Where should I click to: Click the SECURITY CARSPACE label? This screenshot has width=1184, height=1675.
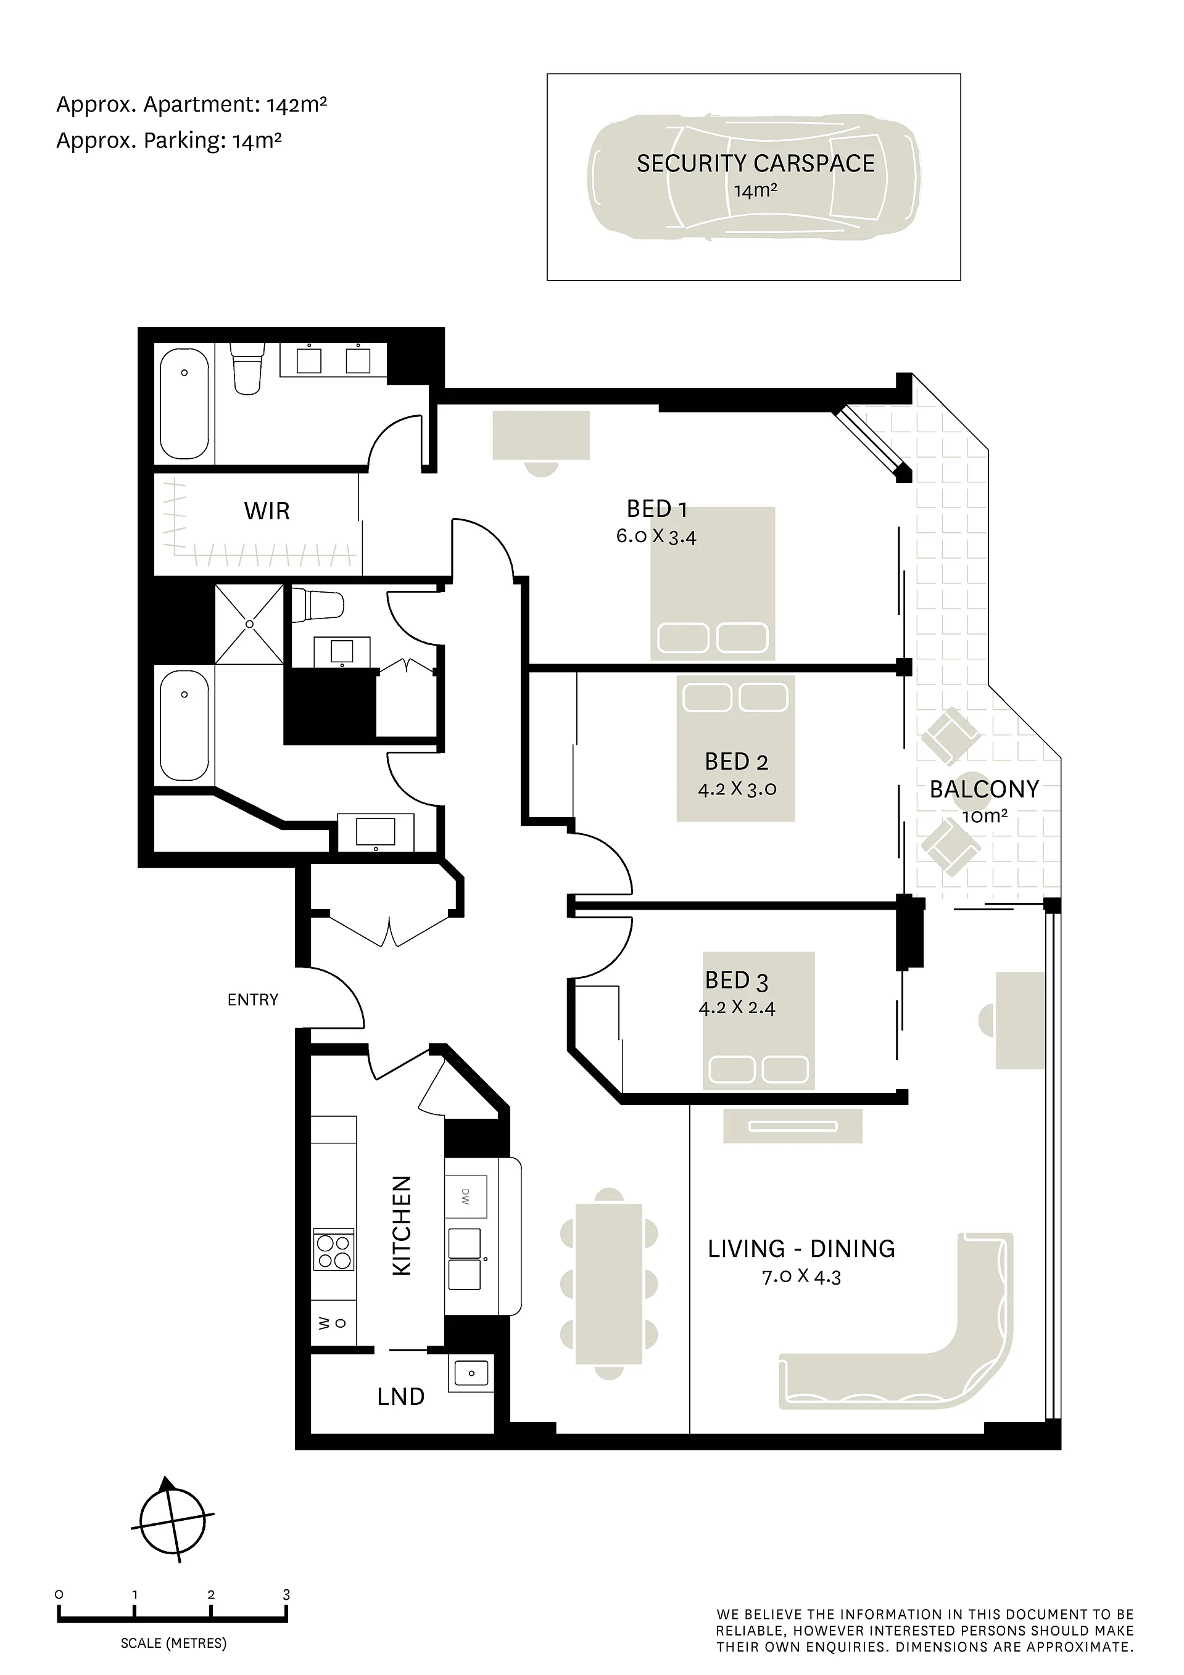(756, 163)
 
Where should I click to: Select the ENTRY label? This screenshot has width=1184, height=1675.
(252, 1000)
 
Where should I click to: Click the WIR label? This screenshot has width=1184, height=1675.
(267, 511)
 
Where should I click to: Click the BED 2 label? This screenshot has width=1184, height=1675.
(737, 762)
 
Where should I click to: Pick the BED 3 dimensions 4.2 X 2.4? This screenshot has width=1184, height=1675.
(737, 1008)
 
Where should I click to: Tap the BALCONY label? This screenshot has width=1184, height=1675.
(984, 789)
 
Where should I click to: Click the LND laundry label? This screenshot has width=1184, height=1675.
(401, 1396)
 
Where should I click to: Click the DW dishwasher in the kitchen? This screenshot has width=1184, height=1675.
(466, 1196)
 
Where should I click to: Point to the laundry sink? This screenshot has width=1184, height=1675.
(471, 1373)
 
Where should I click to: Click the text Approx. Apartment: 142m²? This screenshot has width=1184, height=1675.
(191, 105)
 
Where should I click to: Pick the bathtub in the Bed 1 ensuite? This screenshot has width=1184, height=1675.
(184, 403)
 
